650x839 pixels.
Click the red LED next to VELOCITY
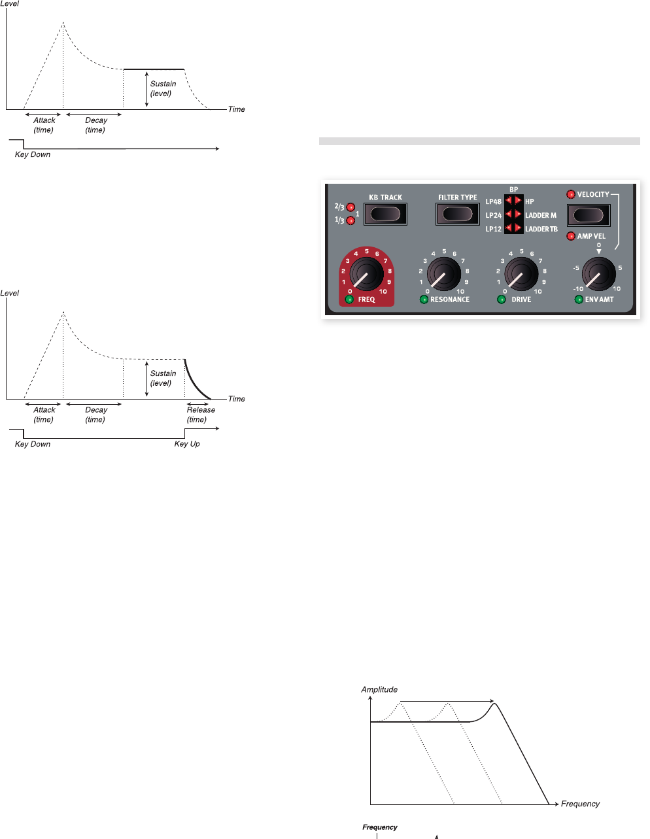571,194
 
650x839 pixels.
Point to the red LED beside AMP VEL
571,236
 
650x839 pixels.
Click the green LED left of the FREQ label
349,300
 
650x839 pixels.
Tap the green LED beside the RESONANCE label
424,300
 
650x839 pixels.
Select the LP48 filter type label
493,202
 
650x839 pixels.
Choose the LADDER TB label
541,229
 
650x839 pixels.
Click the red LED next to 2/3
351,207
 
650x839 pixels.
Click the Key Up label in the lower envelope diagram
187,444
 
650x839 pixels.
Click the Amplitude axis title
379,689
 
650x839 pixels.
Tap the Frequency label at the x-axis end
580,804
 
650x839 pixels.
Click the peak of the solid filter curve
495,704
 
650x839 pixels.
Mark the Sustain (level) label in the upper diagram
163,88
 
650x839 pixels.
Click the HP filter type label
530,202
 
